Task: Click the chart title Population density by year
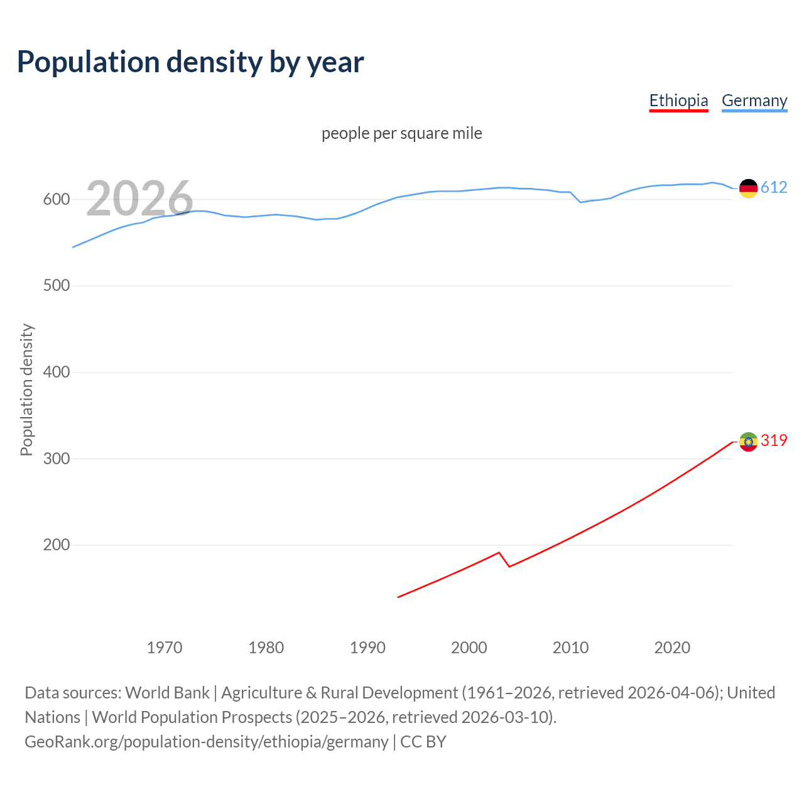click(190, 62)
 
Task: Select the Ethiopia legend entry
click(678, 100)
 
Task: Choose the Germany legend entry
click(754, 100)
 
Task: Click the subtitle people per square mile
click(402, 133)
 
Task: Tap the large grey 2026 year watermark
click(139, 198)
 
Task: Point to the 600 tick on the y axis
click(56, 199)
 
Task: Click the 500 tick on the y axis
click(56, 286)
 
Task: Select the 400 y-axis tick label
click(56, 372)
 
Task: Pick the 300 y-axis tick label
click(56, 459)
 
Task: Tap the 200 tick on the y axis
click(56, 545)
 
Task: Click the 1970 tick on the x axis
click(165, 648)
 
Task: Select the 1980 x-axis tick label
click(266, 648)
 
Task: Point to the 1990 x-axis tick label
click(367, 648)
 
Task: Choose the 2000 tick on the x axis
click(469, 648)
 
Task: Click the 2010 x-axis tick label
click(570, 648)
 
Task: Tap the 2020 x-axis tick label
click(672, 648)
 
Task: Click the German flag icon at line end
click(748, 188)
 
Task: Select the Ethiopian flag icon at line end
click(748, 442)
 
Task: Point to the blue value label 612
click(774, 188)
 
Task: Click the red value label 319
click(774, 441)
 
